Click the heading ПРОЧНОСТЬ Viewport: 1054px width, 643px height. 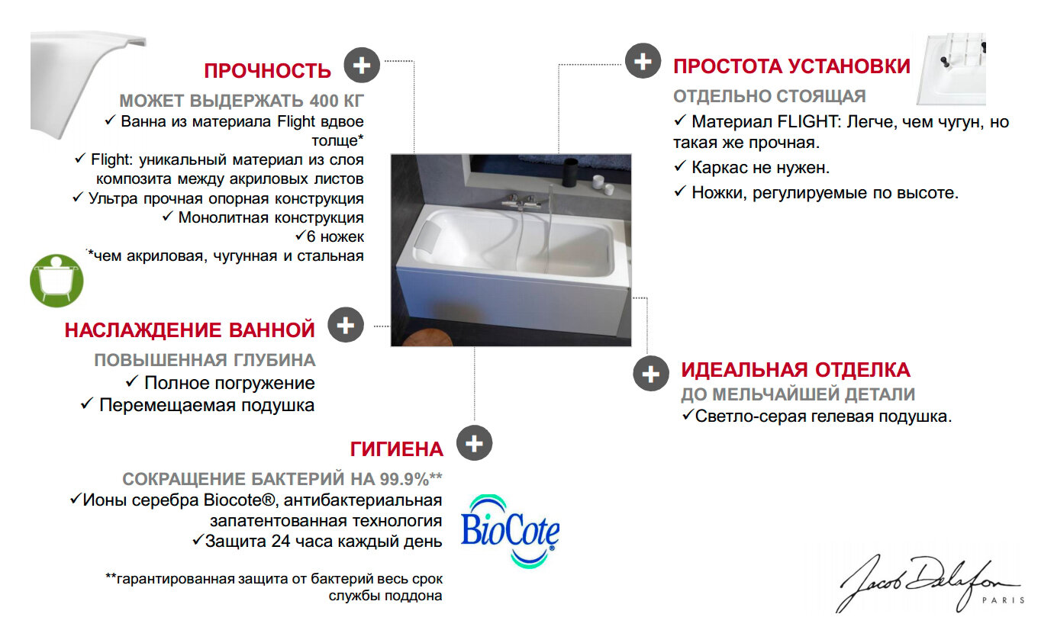pyautogui.click(x=267, y=71)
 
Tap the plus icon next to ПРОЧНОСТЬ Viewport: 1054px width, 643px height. pyautogui.click(x=362, y=66)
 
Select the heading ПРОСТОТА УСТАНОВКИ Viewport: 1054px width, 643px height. pyautogui.click(x=791, y=66)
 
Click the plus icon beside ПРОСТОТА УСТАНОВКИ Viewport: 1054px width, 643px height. pyautogui.click(x=643, y=60)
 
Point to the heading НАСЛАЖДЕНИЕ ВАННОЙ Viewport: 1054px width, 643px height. pyautogui.click(x=189, y=330)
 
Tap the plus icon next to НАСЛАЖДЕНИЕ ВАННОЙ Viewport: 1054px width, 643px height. pyautogui.click(x=346, y=325)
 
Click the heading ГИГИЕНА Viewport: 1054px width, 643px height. pyautogui.click(x=396, y=448)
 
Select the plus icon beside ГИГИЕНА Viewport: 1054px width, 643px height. pyautogui.click(x=474, y=443)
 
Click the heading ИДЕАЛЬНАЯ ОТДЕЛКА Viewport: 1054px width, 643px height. pyautogui.click(x=795, y=371)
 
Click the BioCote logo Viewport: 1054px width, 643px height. pyautogui.click(x=510, y=531)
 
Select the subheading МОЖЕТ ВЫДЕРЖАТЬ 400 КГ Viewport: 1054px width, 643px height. pyautogui.click(x=241, y=101)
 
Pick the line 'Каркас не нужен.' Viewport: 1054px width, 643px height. pyautogui.click(x=752, y=168)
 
